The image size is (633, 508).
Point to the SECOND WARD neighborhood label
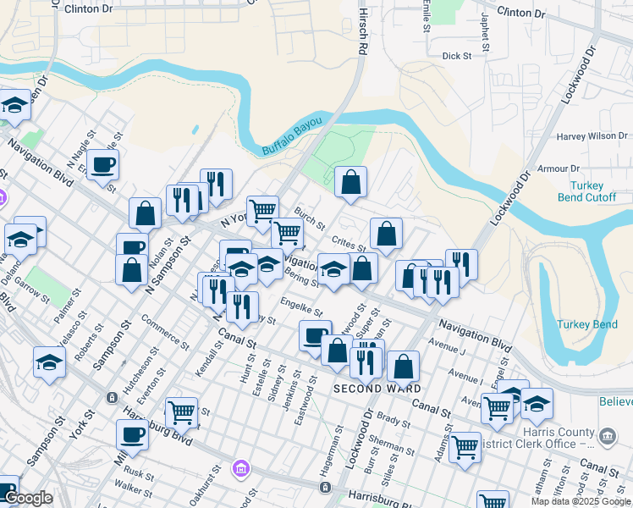(377, 389)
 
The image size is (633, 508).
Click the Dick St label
(456, 56)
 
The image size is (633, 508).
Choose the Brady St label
(394, 418)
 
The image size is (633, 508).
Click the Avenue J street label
(448, 346)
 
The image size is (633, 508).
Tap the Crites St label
(348, 242)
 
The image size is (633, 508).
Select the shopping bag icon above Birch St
(350, 180)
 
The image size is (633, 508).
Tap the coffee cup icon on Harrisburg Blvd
(132, 435)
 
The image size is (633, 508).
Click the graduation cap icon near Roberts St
(49, 362)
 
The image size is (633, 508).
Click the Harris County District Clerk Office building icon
(607, 436)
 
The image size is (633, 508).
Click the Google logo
(28, 498)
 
